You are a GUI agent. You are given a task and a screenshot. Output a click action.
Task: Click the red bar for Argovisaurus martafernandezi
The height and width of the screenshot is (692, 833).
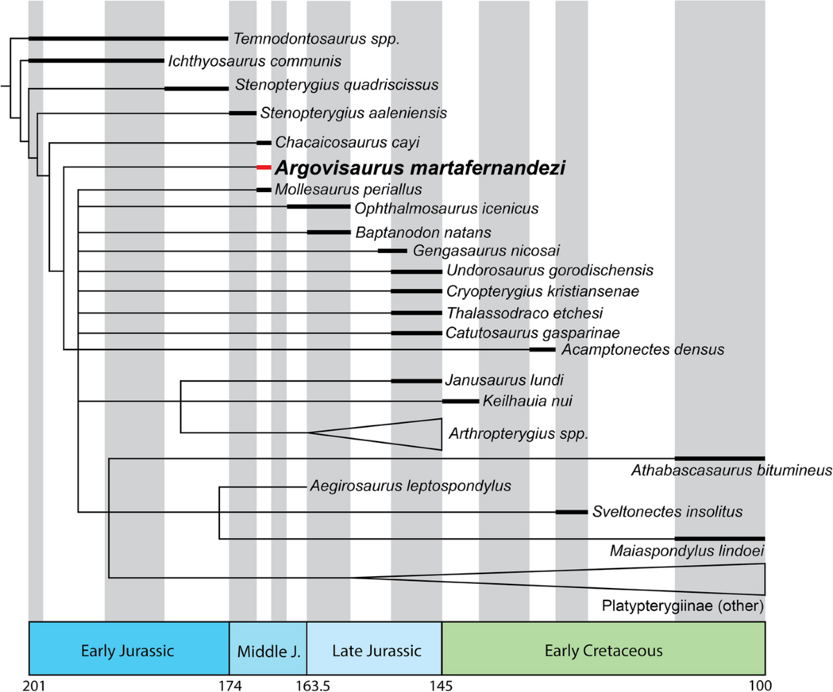point(263,168)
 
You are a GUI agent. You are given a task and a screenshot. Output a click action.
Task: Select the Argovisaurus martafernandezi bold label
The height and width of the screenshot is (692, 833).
point(420,168)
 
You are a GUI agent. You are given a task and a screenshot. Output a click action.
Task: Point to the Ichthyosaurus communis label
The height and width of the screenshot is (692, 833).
point(254,61)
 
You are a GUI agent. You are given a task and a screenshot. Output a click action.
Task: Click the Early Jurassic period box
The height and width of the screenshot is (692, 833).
point(128,651)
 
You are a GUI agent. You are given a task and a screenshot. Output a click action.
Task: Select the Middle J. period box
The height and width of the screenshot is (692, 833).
point(268,651)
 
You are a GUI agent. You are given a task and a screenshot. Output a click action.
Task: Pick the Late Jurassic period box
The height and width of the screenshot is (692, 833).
point(374,651)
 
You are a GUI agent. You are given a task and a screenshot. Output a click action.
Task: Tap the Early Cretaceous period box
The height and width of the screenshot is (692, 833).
point(603,651)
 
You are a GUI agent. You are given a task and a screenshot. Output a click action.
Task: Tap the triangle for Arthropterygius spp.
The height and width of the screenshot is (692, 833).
point(403,433)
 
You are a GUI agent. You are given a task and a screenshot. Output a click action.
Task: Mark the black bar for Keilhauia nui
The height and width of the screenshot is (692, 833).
point(460,401)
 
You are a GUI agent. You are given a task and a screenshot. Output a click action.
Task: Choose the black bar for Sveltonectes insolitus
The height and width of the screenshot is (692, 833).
point(571,512)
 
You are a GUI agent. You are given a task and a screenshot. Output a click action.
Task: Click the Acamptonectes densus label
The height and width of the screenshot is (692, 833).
point(643,349)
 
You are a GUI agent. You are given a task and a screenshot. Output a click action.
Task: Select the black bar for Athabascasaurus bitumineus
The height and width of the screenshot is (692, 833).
point(720,458)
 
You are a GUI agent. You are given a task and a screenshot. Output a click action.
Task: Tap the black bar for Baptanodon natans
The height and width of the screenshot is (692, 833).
point(328,232)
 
